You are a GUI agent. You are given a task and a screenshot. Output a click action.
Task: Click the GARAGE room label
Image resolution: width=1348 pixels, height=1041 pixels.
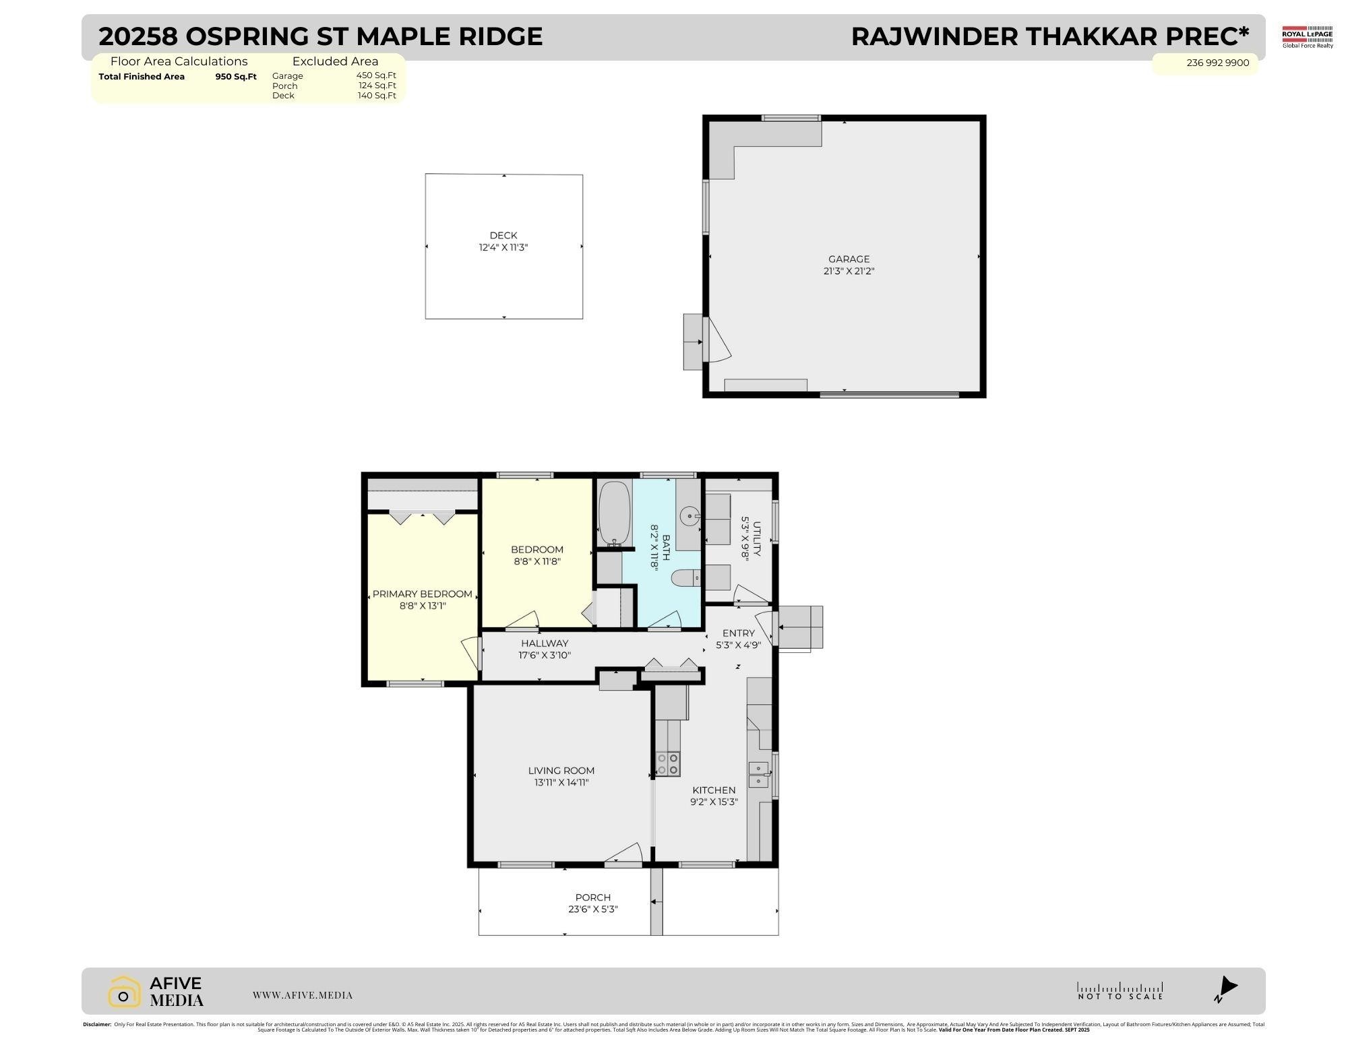tap(849, 259)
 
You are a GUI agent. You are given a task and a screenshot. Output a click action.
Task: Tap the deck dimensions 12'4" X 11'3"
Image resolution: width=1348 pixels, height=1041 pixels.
tap(503, 247)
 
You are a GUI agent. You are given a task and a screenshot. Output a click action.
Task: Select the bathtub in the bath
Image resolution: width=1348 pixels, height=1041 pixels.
tap(614, 513)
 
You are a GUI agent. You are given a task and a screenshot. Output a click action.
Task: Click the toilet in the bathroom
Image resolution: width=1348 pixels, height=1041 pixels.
tap(686, 577)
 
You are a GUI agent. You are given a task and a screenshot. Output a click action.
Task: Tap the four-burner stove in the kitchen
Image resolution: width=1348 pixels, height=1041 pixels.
tap(667, 764)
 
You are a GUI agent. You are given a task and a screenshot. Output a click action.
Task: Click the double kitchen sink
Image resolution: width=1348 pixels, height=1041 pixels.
tap(758, 774)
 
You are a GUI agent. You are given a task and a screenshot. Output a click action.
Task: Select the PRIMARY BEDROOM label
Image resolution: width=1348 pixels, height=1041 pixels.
tap(422, 594)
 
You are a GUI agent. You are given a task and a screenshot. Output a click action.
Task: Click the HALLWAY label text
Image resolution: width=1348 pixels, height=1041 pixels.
tap(545, 643)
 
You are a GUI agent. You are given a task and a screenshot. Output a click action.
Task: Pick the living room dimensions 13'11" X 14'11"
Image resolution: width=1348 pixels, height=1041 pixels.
tap(561, 782)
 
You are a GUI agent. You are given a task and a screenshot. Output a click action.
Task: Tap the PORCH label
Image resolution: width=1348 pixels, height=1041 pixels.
tap(592, 897)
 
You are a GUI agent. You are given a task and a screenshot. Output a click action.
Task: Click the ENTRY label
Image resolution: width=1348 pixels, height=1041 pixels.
tap(738, 633)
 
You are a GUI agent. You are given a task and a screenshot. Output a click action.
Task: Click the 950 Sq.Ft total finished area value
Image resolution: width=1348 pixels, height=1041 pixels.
tap(236, 77)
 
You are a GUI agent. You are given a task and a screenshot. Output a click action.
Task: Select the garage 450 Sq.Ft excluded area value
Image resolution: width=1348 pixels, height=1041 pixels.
tap(375, 75)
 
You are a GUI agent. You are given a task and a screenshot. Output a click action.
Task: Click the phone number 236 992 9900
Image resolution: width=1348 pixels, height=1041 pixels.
tap(1217, 63)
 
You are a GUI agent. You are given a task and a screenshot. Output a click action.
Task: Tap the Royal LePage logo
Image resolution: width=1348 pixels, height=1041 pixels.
tap(1307, 36)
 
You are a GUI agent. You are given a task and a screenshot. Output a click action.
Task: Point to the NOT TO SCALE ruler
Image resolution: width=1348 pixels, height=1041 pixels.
tap(1120, 990)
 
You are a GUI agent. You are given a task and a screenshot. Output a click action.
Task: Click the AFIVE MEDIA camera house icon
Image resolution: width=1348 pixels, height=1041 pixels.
tap(124, 992)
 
